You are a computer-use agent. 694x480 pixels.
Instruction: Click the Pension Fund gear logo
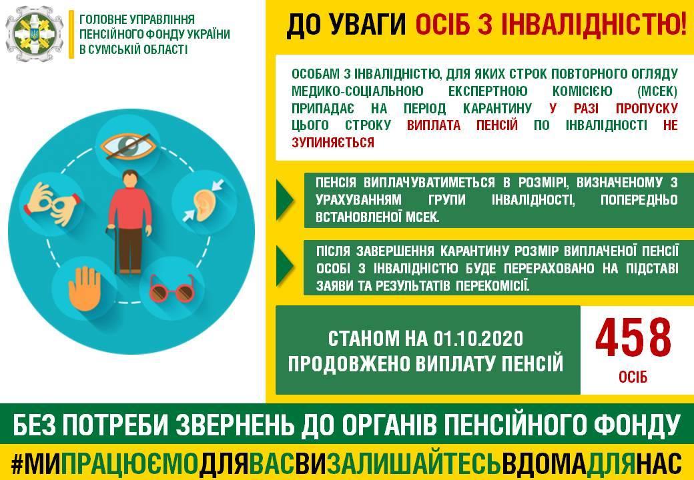click(x=35, y=33)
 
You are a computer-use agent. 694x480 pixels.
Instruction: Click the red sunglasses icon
click(x=172, y=289)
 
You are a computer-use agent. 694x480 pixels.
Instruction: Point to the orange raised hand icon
click(x=85, y=288)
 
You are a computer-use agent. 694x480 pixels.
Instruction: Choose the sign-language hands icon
click(x=53, y=204)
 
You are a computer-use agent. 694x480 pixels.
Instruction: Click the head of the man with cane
click(x=130, y=179)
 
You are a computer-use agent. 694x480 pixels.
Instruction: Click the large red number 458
click(x=633, y=338)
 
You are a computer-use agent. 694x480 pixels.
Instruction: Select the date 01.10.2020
click(x=478, y=339)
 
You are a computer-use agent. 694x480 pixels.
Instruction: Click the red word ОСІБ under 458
click(x=633, y=377)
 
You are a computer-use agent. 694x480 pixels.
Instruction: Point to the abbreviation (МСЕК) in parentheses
click(x=657, y=91)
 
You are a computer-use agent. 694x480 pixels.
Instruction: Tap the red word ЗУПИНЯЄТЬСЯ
click(x=333, y=142)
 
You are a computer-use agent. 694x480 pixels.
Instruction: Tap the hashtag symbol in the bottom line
click(x=17, y=463)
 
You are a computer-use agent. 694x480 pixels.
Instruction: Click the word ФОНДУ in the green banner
click(x=636, y=424)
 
